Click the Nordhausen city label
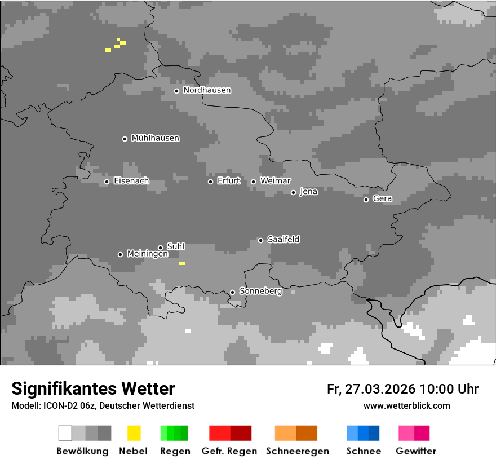(207, 90)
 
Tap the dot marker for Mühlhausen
(125, 139)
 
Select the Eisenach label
(131, 181)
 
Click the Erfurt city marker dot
(210, 182)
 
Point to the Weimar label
(275, 181)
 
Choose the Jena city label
(308, 192)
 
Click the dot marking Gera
(366, 200)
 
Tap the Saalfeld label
(283, 240)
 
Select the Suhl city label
(175, 246)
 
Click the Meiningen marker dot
(120, 254)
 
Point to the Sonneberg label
(260, 292)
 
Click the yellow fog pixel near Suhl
(182, 263)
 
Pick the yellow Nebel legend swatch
(134, 433)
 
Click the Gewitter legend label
(416, 451)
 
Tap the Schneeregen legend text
(297, 451)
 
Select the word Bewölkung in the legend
(82, 451)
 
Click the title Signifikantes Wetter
(93, 388)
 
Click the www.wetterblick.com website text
(406, 405)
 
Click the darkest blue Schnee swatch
(374, 433)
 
